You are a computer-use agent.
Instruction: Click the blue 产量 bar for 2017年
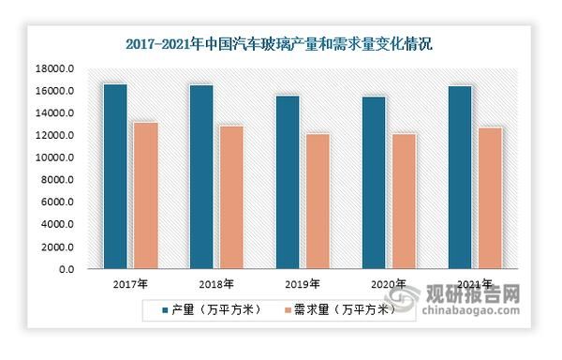[x=115, y=176]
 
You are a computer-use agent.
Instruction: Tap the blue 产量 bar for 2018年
[x=201, y=176]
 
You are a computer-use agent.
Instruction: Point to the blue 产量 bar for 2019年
[x=288, y=182]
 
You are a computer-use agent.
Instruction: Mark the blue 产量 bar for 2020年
[x=374, y=182]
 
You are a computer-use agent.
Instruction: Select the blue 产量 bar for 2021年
[x=460, y=177]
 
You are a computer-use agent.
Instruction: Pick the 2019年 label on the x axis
[x=303, y=284]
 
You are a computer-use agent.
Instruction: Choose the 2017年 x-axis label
[x=130, y=284]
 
